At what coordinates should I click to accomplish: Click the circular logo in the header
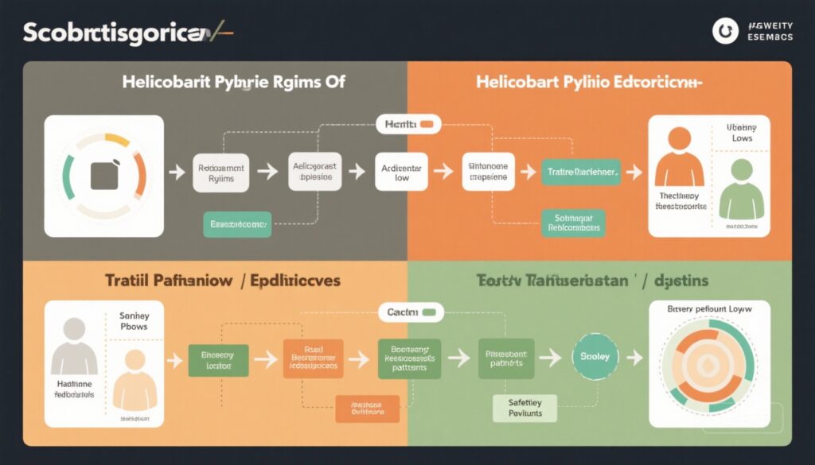[x=725, y=31]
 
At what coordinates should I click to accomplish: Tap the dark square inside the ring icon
[x=104, y=176]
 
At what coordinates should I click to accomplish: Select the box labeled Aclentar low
[x=401, y=173]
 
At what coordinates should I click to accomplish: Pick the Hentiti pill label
[x=407, y=124]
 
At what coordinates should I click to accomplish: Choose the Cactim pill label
[x=411, y=312]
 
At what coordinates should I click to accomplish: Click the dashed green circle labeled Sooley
[x=595, y=357]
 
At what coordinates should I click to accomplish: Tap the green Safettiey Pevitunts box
[x=524, y=409]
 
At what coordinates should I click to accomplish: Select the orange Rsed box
[x=313, y=358]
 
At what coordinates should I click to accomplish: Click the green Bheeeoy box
[x=217, y=360]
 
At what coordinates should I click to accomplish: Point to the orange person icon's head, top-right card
[x=679, y=141]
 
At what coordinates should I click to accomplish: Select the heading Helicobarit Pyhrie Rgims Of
[x=233, y=82]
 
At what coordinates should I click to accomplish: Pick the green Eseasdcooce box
[x=237, y=225]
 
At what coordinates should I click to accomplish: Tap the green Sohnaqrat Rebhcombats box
[x=572, y=223]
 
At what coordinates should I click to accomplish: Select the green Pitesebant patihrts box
[x=506, y=358]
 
